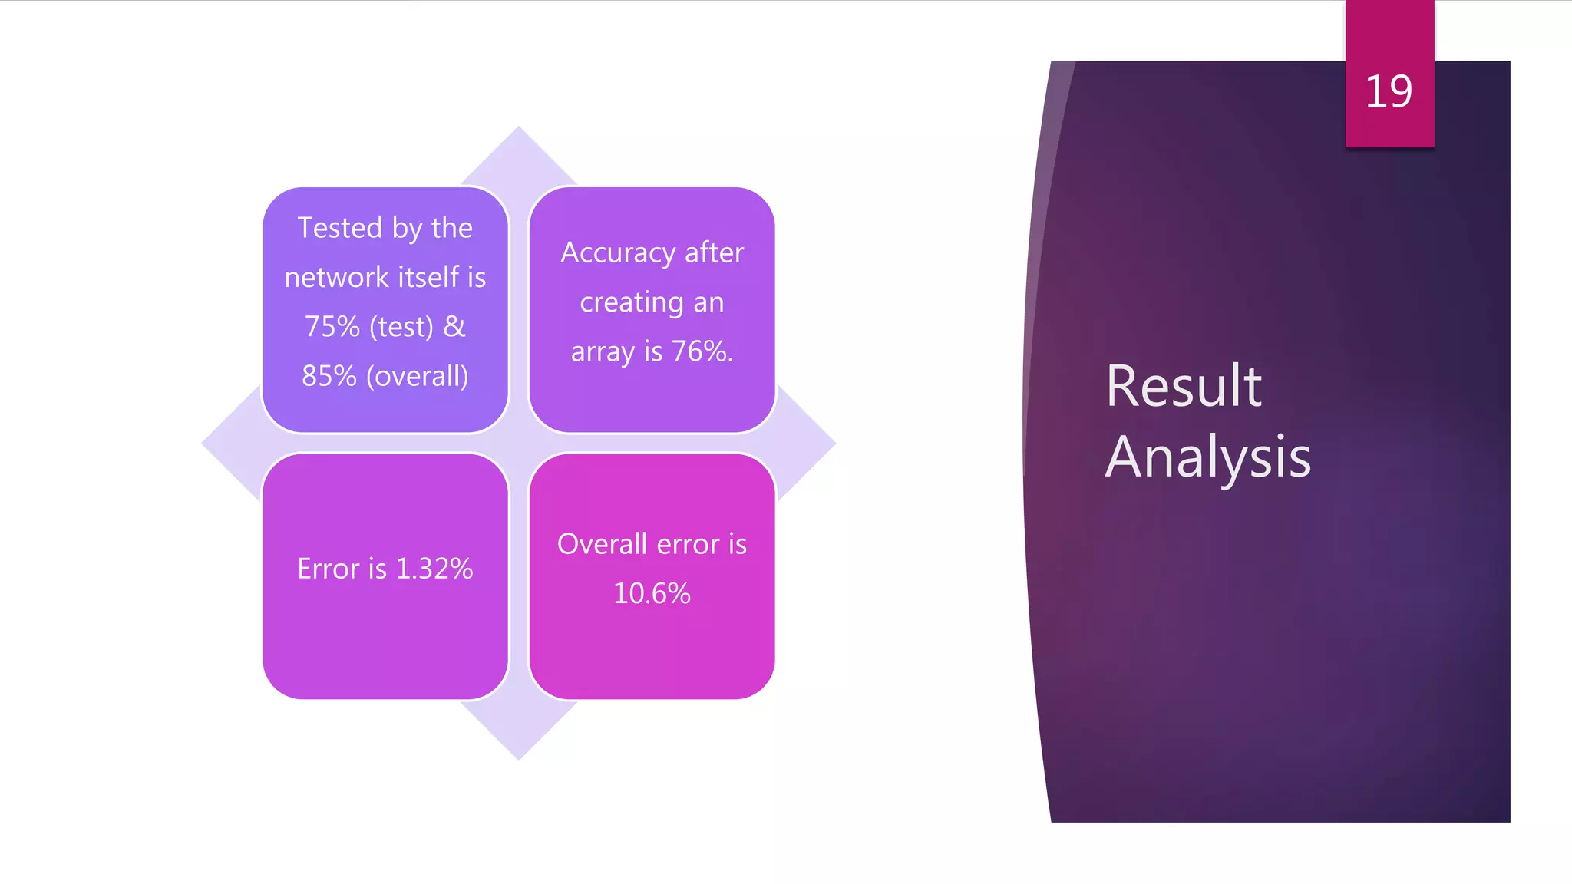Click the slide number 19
1389,92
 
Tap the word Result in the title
1184,386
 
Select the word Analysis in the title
1208,457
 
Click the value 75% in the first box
332,327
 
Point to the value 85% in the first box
329,376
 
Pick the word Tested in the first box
340,228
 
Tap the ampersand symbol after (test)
454,327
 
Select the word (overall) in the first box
418,376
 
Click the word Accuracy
618,253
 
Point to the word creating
631,303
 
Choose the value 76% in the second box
701,351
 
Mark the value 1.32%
434,569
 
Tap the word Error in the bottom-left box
329,569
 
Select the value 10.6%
652,593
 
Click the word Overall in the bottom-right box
603,544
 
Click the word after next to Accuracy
714,253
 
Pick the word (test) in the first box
401,327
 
